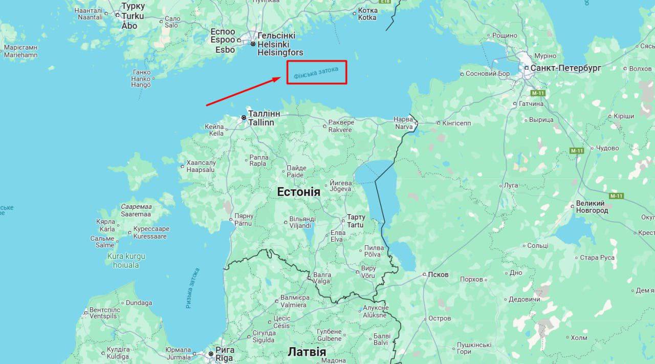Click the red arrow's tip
pyautogui.click(x=280, y=78)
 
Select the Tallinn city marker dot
pyautogui.click(x=244, y=117)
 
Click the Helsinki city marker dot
pyautogui.click(x=253, y=44)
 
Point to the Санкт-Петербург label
pyautogui.click(x=565, y=68)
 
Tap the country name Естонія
pyautogui.click(x=298, y=192)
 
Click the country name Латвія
pyautogui.click(x=307, y=352)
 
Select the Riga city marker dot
pyautogui.click(x=210, y=354)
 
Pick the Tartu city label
pyautogui.click(x=356, y=221)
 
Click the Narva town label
pyautogui.click(x=403, y=123)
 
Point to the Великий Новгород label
pyautogui.click(x=592, y=207)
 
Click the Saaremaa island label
pyautogui.click(x=136, y=210)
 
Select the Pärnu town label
pyautogui.click(x=244, y=220)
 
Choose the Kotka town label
pyautogui.click(x=367, y=14)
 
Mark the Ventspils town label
pyautogui.click(x=105, y=313)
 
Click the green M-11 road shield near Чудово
pyautogui.click(x=577, y=151)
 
